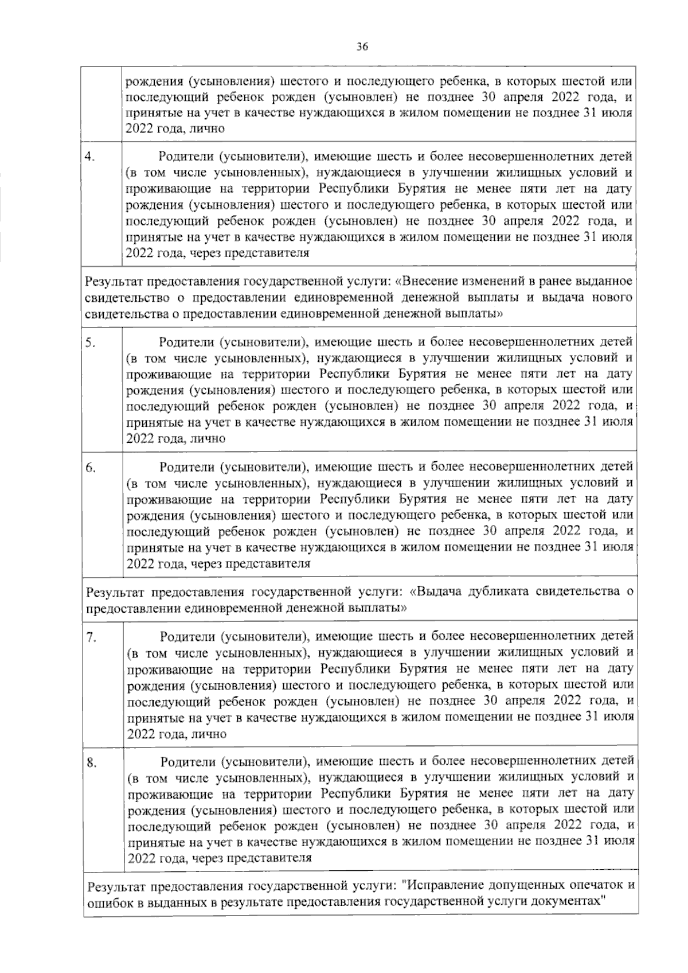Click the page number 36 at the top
[362, 47]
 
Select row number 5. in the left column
[90, 343]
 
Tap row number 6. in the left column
[91, 468]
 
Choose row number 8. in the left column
[91, 762]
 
